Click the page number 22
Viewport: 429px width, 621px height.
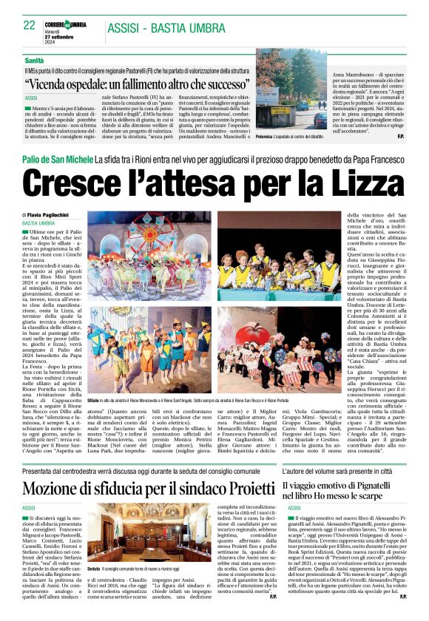pos(29,24)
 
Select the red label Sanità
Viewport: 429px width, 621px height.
pos(34,59)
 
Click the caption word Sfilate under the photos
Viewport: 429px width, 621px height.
pos(95,399)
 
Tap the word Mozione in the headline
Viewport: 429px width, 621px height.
pos(61,467)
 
